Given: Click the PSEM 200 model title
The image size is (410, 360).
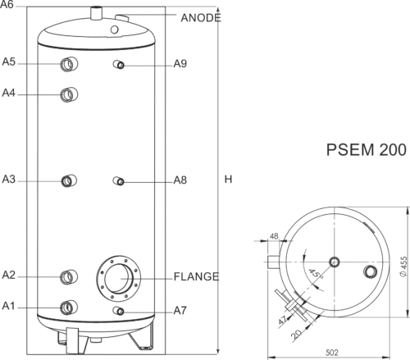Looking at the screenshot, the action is [367, 150].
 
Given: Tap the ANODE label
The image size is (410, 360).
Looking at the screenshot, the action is [201, 18].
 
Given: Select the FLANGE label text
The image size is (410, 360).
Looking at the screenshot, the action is [196, 276].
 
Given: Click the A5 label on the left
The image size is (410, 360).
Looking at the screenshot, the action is [8, 62].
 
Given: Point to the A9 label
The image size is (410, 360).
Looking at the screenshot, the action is [180, 64].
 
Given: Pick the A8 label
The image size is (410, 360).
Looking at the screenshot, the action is [180, 180].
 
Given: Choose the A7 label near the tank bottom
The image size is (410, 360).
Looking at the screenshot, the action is [180, 311].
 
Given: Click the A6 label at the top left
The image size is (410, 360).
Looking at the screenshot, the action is [7, 4].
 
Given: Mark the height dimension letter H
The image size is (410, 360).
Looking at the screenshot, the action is [228, 180].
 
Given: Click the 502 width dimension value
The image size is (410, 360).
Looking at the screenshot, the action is [332, 353].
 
